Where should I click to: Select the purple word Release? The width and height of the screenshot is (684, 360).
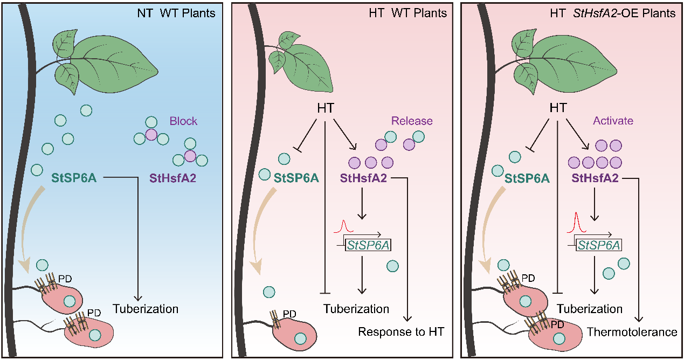coord(412,121)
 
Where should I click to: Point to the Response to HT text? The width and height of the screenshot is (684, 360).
coord(401,332)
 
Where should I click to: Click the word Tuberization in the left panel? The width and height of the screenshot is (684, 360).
coord(146,309)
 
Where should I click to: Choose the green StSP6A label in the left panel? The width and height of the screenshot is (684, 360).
coord(74,177)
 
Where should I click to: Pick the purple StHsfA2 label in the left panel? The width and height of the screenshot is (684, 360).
coord(171,177)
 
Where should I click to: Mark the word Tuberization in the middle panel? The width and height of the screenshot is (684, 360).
coord(356,309)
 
